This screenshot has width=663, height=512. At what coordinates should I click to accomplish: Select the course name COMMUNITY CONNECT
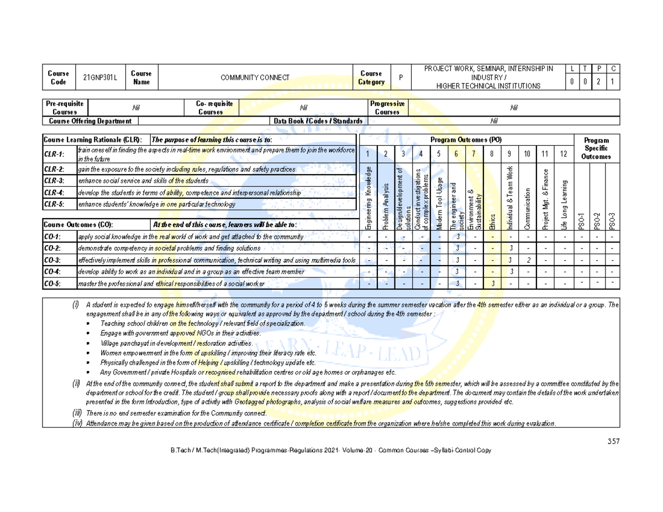(255, 78)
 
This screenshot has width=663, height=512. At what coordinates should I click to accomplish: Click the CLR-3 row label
(54, 181)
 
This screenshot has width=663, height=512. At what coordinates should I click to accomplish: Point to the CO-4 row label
(54, 272)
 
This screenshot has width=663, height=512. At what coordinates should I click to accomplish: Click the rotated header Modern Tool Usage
(439, 203)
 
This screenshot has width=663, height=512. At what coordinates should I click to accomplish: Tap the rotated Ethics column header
(491, 221)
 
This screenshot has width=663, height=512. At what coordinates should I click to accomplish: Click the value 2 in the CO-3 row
(529, 260)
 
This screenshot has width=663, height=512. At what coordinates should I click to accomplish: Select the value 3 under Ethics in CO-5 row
(492, 283)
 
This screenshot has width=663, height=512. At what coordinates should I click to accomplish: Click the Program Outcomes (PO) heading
(466, 140)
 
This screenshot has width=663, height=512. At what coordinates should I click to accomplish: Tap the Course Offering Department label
(91, 121)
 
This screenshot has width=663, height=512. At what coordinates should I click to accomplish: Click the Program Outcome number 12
(563, 154)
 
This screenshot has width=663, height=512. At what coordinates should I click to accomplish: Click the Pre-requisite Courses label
(65, 108)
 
